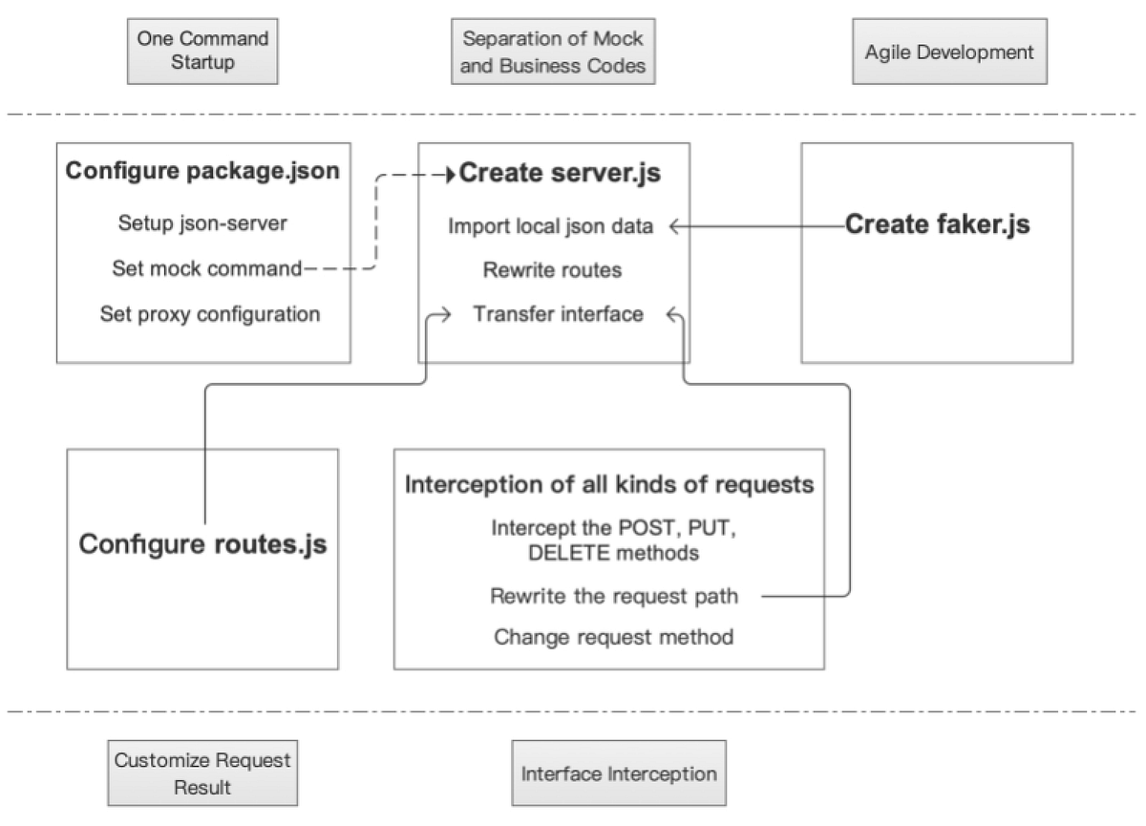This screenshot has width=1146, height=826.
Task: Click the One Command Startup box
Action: pyautogui.click(x=202, y=52)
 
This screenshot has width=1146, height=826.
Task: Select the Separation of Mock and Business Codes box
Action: pyautogui.click(x=553, y=52)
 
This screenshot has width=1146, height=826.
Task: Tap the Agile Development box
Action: pyautogui.click(x=948, y=52)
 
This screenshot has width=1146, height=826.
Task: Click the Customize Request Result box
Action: pyautogui.click(x=202, y=773)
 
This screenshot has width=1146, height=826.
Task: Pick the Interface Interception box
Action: pyautogui.click(x=619, y=773)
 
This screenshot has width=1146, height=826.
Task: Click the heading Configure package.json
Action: pyautogui.click(x=202, y=173)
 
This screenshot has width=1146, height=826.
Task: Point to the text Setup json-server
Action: pyautogui.click(x=202, y=223)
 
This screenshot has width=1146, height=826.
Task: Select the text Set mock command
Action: pyautogui.click(x=206, y=268)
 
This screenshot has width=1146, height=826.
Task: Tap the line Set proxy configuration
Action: pyautogui.click(x=209, y=313)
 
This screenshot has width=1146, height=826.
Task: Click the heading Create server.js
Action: pyautogui.click(x=560, y=174)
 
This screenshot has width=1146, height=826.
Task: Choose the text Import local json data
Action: pyautogui.click(x=551, y=226)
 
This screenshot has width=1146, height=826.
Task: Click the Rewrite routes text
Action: pyautogui.click(x=552, y=270)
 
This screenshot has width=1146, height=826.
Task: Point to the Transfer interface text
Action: pyautogui.click(x=558, y=313)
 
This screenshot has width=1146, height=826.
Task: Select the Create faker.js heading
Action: pyautogui.click(x=938, y=225)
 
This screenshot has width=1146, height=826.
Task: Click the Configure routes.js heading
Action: pyautogui.click(x=202, y=544)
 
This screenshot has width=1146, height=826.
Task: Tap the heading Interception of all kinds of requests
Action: pyautogui.click(x=609, y=484)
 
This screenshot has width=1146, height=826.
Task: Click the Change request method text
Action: pyautogui.click(x=614, y=636)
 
